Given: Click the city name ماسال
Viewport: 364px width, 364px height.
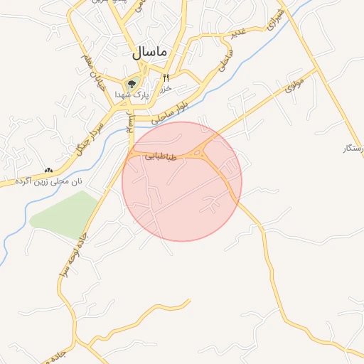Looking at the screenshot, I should pyautogui.click(x=149, y=52).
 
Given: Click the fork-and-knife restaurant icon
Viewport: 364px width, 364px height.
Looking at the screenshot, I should pyautogui.click(x=166, y=78).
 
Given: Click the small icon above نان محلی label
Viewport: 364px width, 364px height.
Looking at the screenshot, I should pyautogui.click(x=48, y=171).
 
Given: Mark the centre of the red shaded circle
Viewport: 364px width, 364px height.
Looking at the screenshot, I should pyautogui.click(x=182, y=181).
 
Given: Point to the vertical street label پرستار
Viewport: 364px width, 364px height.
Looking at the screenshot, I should pyautogui.click(x=129, y=122).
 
